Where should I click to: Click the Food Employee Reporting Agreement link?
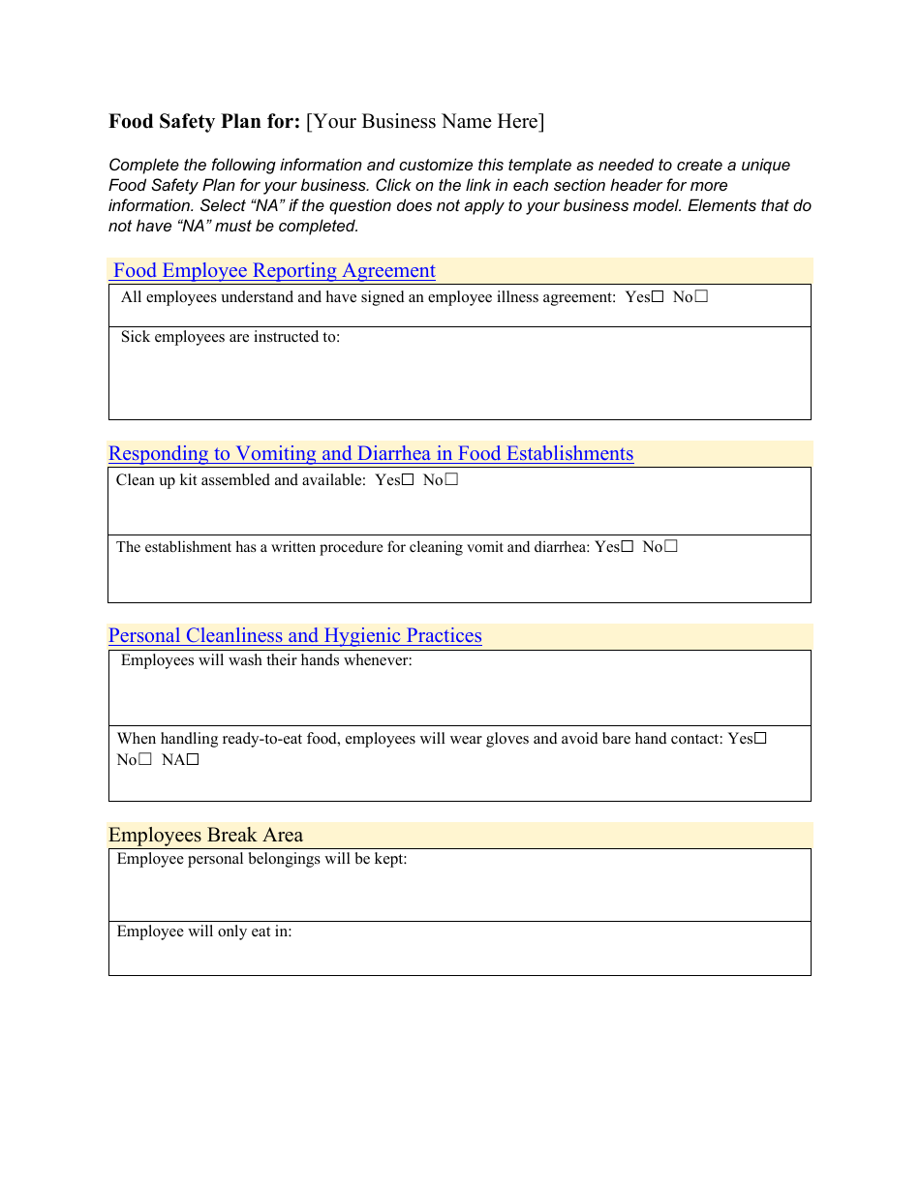tap(274, 271)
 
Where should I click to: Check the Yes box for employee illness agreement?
tap(658, 297)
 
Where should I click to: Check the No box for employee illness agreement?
tap(701, 297)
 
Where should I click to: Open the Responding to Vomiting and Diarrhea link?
tap(371, 454)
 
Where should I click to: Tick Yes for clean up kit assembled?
tap(408, 479)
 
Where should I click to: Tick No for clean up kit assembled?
tap(451, 479)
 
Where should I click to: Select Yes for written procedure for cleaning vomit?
tap(628, 546)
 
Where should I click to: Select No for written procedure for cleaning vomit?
tap(671, 546)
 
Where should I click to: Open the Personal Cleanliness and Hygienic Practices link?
tap(295, 636)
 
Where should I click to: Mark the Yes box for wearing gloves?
tap(760, 738)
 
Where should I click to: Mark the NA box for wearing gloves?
tap(193, 760)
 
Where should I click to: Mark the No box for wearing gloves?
tap(145, 760)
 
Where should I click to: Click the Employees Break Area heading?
tap(205, 836)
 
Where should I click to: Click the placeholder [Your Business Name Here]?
tap(425, 122)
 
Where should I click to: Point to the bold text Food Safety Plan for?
tap(204, 122)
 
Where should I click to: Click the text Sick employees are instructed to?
tap(230, 338)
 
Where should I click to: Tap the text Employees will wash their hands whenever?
tap(266, 661)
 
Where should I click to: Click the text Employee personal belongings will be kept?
tap(261, 859)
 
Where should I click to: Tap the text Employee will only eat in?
tap(204, 931)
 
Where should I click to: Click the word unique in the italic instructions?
tap(766, 166)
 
